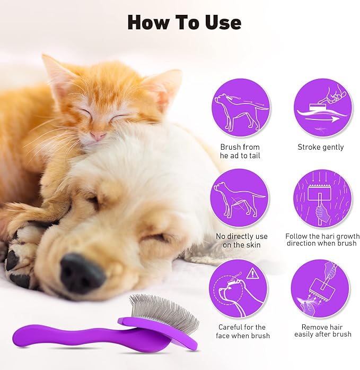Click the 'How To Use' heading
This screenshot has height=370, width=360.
click(x=184, y=22)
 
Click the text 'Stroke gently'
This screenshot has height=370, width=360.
click(x=320, y=147)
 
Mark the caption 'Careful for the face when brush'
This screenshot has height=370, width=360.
click(x=243, y=331)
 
